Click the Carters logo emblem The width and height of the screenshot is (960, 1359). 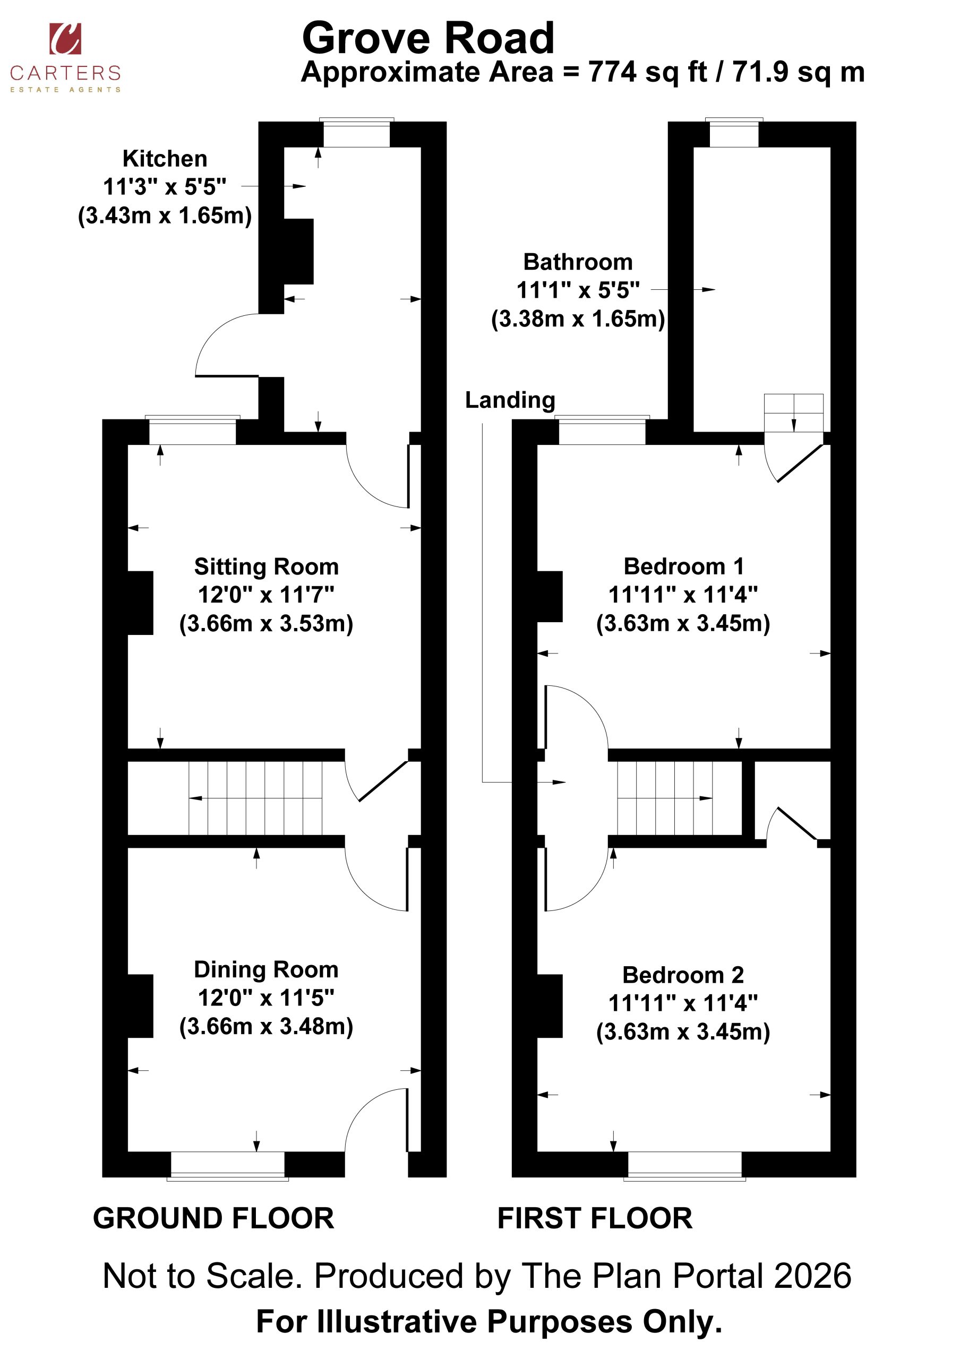pos(65,38)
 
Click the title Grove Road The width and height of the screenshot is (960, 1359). pos(428,38)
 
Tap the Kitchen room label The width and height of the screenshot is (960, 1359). pos(165,159)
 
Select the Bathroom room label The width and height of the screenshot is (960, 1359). pos(578,262)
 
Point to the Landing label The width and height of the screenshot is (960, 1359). pos(510,400)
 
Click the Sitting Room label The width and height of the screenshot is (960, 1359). pos(267,566)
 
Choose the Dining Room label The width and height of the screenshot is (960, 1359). pos(267,969)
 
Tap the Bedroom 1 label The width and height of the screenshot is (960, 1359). pos(683,566)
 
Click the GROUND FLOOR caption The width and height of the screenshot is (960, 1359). pos(213,1219)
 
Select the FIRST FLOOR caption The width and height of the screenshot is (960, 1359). pos(595,1219)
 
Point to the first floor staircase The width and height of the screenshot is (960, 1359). pos(665,798)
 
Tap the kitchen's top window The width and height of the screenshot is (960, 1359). pos(356,133)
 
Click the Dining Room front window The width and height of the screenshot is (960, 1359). pos(228,1165)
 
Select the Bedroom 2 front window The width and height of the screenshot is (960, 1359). pos(685,1165)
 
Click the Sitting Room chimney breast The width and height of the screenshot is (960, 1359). pos(140,603)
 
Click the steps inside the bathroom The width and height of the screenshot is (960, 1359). pos(794,412)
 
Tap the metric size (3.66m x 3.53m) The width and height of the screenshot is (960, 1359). pos(267,623)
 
